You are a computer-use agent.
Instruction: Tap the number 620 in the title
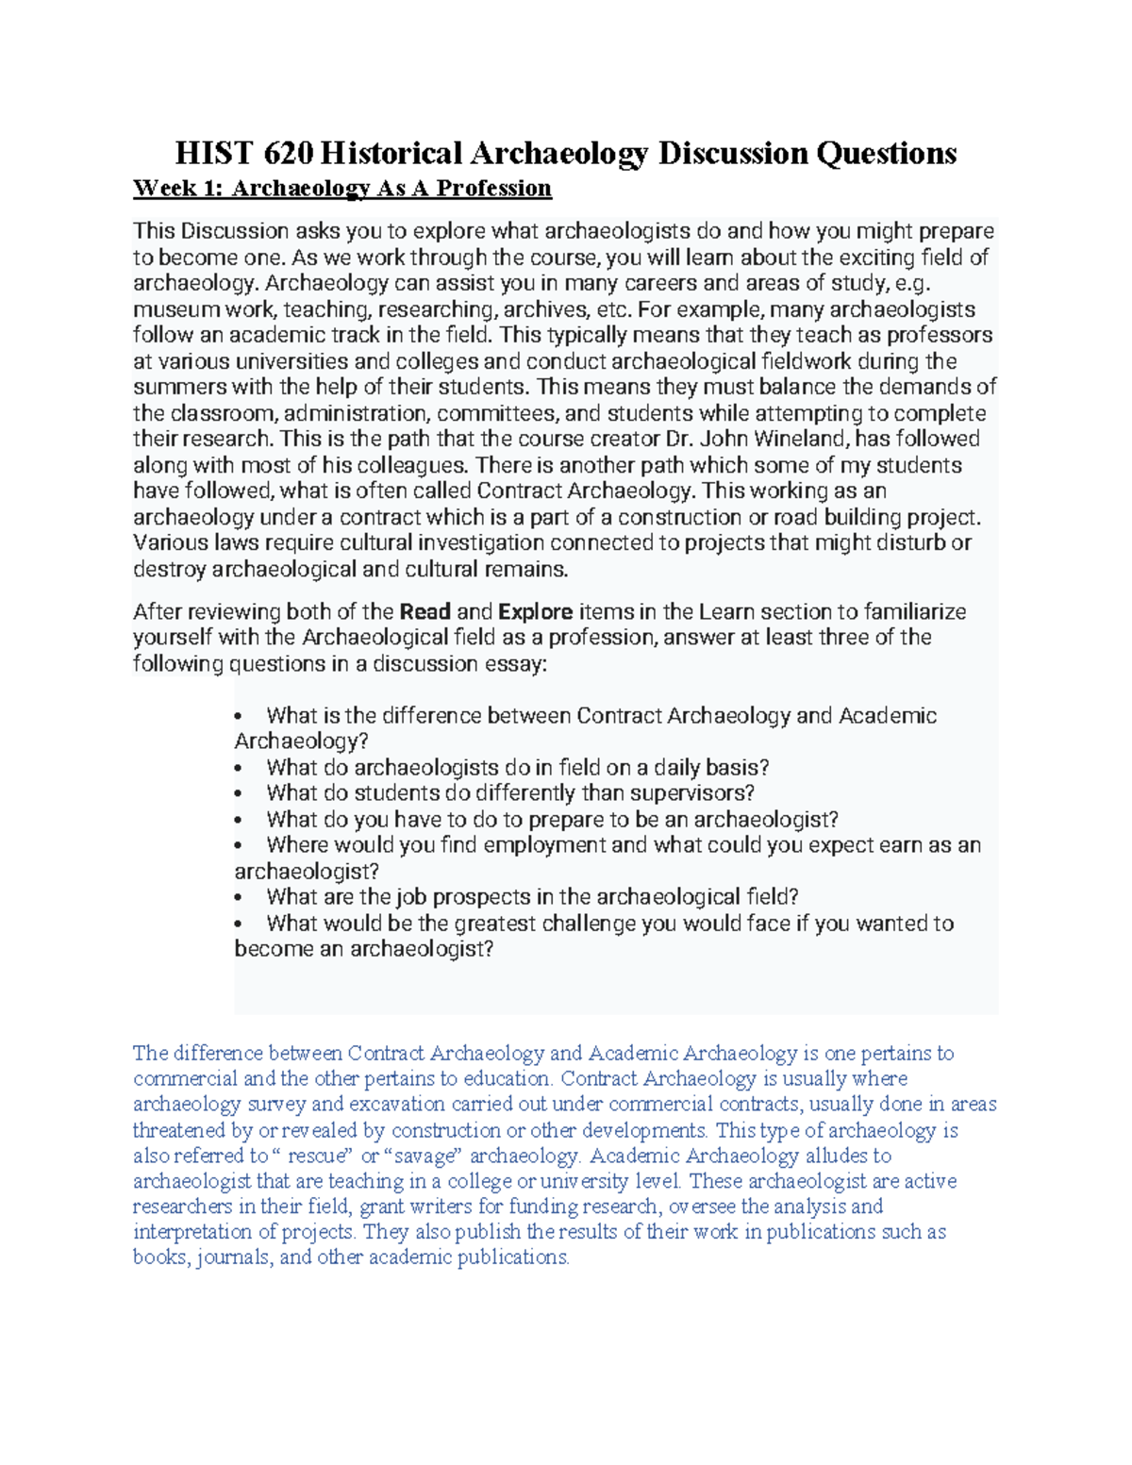291,153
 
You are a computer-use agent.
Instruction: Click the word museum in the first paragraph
170,309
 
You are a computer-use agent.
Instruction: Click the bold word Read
424,611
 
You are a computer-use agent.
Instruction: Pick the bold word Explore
535,611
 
